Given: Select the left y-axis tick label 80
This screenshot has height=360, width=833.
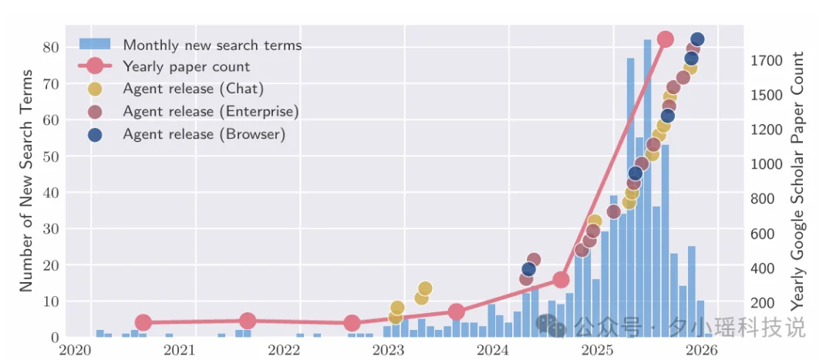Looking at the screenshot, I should (x=51, y=47).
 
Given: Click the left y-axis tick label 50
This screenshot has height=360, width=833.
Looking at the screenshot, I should (x=51, y=156).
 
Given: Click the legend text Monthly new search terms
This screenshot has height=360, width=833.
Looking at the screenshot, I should (x=212, y=45).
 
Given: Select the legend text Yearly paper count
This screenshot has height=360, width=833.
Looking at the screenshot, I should (x=186, y=67).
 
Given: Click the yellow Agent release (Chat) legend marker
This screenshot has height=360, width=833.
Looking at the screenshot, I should (x=95, y=89).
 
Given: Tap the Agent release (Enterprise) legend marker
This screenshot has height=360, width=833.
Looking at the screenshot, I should (x=95, y=112).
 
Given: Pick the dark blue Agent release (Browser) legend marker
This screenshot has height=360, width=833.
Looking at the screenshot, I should (x=95, y=134).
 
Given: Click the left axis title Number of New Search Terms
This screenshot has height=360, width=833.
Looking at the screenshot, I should (x=25, y=180).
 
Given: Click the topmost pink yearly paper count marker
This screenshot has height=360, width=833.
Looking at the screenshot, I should (x=665, y=39).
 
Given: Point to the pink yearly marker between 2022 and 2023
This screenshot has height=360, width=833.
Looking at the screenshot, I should (x=352, y=323).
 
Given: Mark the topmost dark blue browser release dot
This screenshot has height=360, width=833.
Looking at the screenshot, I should (x=697, y=39).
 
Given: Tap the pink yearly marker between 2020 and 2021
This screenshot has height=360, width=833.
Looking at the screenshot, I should (x=143, y=322).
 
